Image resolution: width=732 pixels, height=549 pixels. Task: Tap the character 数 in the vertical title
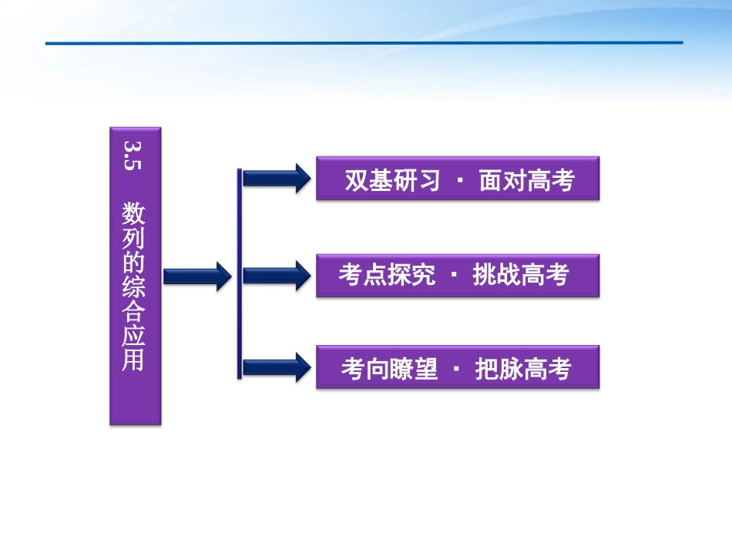[133, 213]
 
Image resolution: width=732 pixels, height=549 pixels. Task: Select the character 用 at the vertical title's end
[133, 360]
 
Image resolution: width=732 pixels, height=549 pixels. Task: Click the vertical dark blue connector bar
[240, 273]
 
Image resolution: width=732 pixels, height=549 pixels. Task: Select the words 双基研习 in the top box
[392, 181]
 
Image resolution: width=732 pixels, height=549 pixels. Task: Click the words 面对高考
[527, 181]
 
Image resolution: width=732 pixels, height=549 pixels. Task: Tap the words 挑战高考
[521, 276]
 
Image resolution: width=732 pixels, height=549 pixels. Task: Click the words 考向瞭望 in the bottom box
[389, 369]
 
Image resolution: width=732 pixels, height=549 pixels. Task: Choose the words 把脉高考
[523, 369]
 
